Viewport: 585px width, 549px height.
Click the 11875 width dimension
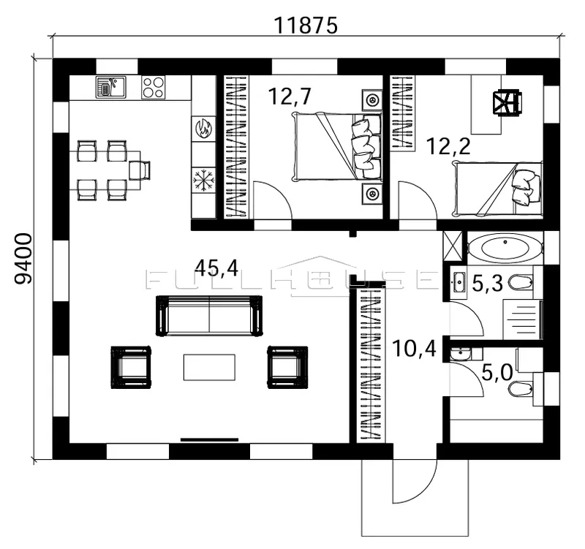pos(306,26)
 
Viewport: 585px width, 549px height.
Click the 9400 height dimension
pos(23,259)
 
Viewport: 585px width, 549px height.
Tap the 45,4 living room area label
pos(216,268)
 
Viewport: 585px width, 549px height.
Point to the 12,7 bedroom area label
pos(290,96)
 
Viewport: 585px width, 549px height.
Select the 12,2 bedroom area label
pos(448,145)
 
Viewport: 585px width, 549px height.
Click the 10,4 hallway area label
pos(414,349)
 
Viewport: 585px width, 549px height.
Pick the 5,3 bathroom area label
pos(488,284)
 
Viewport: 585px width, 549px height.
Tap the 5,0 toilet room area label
pos(497,373)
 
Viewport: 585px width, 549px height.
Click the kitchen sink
pos(111,87)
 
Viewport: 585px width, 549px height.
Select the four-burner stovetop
pos(153,87)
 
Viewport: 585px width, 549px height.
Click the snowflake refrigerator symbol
pos(203,180)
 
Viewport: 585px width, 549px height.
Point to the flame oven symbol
pos(203,129)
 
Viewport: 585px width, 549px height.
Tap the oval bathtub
pos(505,246)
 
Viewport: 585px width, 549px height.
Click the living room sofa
pos(209,316)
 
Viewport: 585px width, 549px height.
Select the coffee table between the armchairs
pos(209,368)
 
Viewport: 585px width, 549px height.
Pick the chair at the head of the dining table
pos(140,170)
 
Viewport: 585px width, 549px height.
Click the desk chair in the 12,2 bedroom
pos(507,103)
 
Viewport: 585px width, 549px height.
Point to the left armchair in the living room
pos(131,368)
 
